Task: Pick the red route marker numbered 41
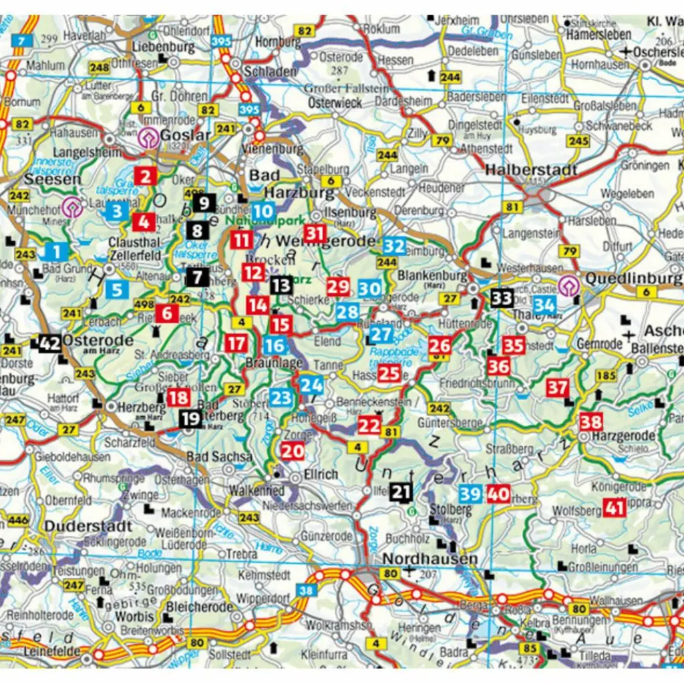click(x=614, y=508)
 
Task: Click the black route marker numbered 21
click(x=400, y=492)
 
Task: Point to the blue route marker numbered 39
click(x=470, y=494)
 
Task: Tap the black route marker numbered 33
click(x=502, y=297)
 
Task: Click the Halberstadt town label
click(x=531, y=170)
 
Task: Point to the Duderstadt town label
click(x=88, y=526)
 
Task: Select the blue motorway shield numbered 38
click(x=306, y=590)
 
